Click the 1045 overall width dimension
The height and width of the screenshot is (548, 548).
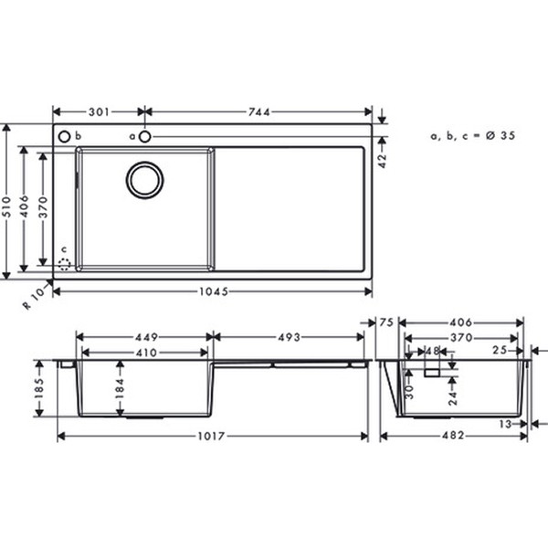(x=214, y=291)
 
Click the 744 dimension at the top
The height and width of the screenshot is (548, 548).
(x=259, y=112)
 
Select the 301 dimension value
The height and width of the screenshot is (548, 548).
(x=99, y=112)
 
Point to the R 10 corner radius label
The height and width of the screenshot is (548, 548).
(x=34, y=299)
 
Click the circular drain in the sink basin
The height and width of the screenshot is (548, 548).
(x=144, y=180)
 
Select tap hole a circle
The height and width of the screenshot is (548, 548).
(x=144, y=137)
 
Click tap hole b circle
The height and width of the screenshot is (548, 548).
(x=64, y=137)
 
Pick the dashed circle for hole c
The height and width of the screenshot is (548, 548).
(x=64, y=265)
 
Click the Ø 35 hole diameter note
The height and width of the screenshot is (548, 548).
(x=501, y=135)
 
